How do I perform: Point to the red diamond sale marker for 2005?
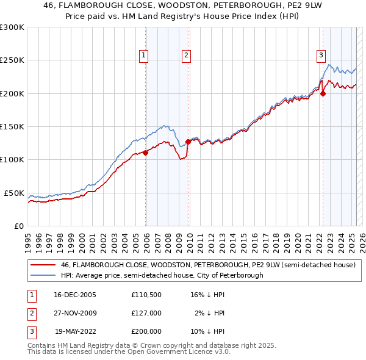pyautogui.click(x=146, y=153)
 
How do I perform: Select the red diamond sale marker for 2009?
pyautogui.click(x=188, y=142)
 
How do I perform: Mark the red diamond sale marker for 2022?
pyautogui.click(x=323, y=93)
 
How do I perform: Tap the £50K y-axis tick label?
pyautogui.click(x=14, y=193)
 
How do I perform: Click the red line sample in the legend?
pyautogui.click(x=43, y=265)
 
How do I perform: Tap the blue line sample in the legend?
pyautogui.click(x=43, y=275)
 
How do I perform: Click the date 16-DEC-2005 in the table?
pyautogui.click(x=75, y=295)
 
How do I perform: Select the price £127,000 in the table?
pyautogui.click(x=146, y=314)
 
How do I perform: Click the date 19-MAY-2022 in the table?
pyautogui.click(x=75, y=331)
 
